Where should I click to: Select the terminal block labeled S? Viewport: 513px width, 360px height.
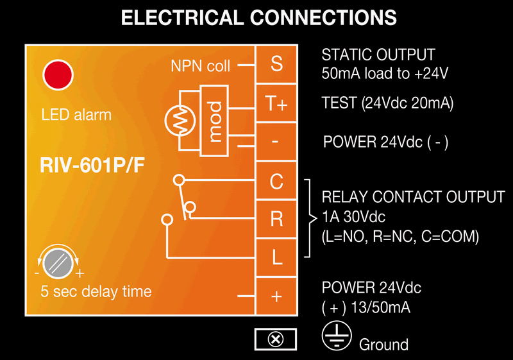(x=276, y=64)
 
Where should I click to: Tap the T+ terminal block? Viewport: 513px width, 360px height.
(x=276, y=104)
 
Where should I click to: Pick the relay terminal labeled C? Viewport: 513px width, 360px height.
(x=276, y=182)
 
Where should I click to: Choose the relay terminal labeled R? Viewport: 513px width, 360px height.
(x=276, y=219)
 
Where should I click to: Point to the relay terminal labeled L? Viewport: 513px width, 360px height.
(x=276, y=257)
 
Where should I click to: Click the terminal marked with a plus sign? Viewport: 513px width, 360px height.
(x=276, y=296)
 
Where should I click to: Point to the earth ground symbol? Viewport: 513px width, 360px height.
(x=336, y=337)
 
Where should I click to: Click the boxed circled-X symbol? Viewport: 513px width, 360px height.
(x=276, y=339)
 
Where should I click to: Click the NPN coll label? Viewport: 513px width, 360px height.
(x=201, y=65)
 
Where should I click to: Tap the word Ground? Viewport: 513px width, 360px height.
(x=383, y=345)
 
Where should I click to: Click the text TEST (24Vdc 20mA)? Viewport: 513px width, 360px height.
(x=387, y=103)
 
